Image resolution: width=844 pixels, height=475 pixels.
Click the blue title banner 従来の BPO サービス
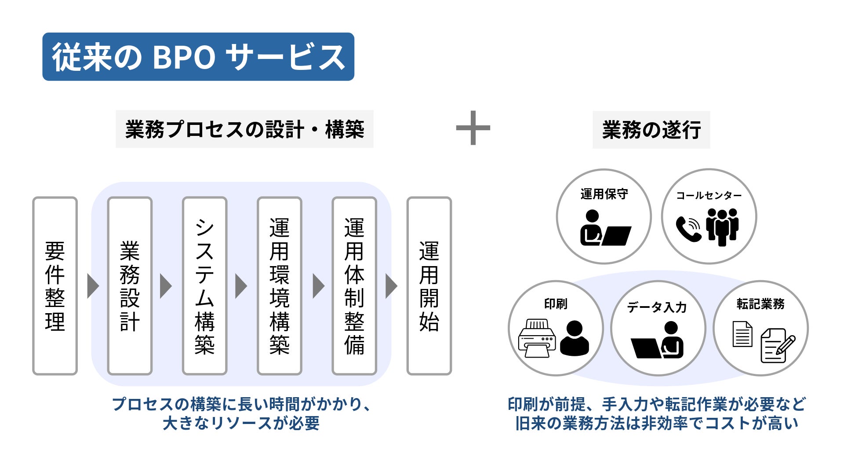[198, 57]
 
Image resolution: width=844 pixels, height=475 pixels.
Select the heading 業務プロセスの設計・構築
[244, 129]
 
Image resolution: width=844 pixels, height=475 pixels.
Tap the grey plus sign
[473, 128]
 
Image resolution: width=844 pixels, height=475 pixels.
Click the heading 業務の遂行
[651, 130]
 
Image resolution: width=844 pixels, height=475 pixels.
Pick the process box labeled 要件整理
[55, 286]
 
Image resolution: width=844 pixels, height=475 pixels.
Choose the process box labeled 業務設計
[130, 286]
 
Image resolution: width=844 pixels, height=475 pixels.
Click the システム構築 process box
[204, 286]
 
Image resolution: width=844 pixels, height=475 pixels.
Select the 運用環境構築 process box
[280, 286]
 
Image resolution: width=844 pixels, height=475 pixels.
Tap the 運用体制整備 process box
[354, 286]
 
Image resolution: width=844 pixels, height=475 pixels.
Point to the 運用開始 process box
[429, 286]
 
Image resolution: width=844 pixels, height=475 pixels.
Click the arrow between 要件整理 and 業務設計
[93, 286]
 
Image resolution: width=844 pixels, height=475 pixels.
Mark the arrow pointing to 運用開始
[391, 286]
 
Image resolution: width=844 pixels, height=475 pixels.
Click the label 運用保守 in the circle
[604, 194]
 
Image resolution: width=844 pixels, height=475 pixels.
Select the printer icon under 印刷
[537, 338]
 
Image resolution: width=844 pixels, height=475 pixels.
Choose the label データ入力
[657, 307]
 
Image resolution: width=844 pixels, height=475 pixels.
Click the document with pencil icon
[778, 346]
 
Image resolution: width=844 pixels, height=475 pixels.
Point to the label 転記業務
[760, 304]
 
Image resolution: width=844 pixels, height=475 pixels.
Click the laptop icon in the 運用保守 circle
[617, 236]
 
